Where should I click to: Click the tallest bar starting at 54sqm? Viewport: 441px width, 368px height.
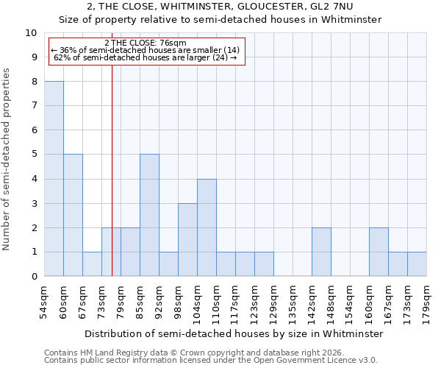pos(54,179)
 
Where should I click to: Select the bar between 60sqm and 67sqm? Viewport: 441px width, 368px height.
pos(73,215)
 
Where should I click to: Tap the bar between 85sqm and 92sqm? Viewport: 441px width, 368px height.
pos(149,215)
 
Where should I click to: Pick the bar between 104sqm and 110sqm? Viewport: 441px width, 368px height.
pos(207,227)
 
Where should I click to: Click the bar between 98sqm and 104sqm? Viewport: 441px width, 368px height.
pos(187,240)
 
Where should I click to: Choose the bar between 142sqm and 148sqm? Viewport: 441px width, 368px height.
pos(321,252)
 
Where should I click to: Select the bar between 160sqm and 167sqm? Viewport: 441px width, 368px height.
pos(379,252)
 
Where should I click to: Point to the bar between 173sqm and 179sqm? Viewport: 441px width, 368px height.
pos(417,264)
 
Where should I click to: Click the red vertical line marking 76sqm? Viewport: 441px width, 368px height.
pos(112,184)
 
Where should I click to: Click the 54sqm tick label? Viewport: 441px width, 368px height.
pos(44,303)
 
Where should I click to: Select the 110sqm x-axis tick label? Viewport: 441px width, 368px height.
pos(216,303)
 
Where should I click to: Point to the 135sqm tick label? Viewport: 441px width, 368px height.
pos(293,303)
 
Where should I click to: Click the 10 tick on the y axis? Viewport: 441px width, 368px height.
pos(32,33)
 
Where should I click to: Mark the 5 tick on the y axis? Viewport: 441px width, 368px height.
pos(34,155)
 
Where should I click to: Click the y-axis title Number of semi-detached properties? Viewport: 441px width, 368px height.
pos(7,159)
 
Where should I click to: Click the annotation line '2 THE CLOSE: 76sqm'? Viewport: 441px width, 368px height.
pos(146,42)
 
